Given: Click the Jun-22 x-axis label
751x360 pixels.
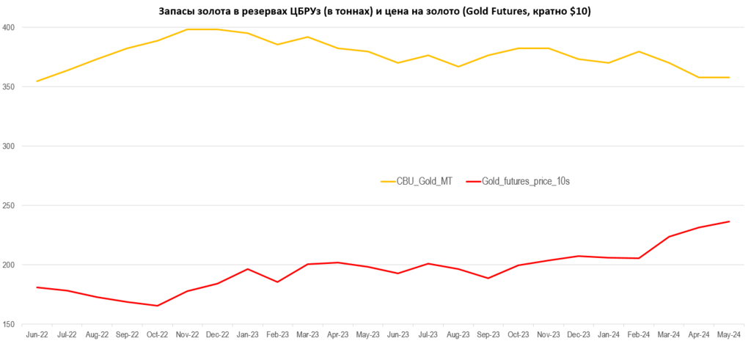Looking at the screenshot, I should pyautogui.click(x=37, y=335).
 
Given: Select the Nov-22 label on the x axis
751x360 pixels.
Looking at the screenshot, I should pyautogui.click(x=187, y=335).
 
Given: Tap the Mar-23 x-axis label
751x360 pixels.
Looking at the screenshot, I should pyautogui.click(x=308, y=335).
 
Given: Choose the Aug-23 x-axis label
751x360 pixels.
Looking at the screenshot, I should pyautogui.click(x=458, y=335).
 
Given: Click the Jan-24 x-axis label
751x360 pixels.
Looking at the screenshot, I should pyautogui.click(x=609, y=335).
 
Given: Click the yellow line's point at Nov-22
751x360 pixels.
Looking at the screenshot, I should pyautogui.click(x=187, y=29).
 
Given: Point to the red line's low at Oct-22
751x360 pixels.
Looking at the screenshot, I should pyautogui.click(x=157, y=306).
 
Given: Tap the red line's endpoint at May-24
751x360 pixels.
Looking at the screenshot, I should pyautogui.click(x=729, y=221).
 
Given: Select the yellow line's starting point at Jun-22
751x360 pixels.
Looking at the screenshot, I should pyautogui.click(x=37, y=81).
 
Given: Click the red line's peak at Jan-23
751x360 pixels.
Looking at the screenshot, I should pyautogui.click(x=248, y=269).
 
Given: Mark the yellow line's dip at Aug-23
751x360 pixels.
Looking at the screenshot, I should pyautogui.click(x=458, y=67).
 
